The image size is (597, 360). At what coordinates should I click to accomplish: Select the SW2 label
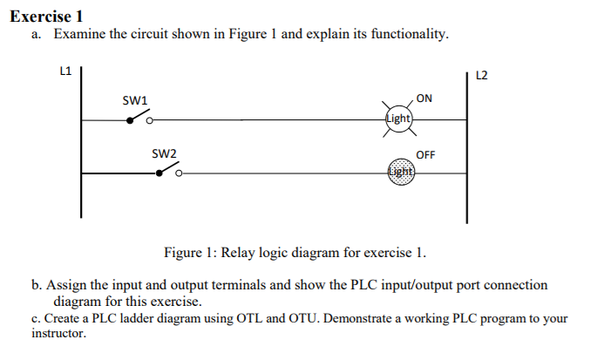(x=165, y=153)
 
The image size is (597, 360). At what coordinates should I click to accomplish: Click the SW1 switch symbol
(x=140, y=119)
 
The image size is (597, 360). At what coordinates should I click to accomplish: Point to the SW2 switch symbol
(x=168, y=172)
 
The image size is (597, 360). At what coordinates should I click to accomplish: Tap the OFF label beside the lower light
(x=426, y=154)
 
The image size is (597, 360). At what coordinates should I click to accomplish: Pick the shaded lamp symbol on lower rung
(x=399, y=172)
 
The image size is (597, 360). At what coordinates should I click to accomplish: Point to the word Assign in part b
(x=67, y=286)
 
